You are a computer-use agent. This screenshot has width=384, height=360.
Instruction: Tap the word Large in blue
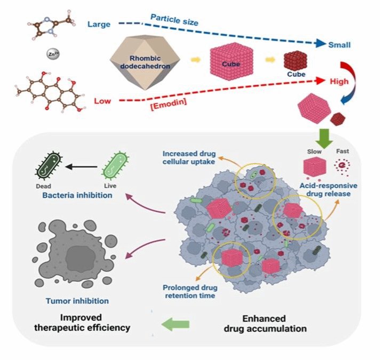[99, 23]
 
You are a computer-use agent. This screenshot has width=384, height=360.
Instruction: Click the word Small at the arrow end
[339, 45]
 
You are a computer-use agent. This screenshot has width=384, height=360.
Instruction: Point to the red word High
[339, 82]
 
